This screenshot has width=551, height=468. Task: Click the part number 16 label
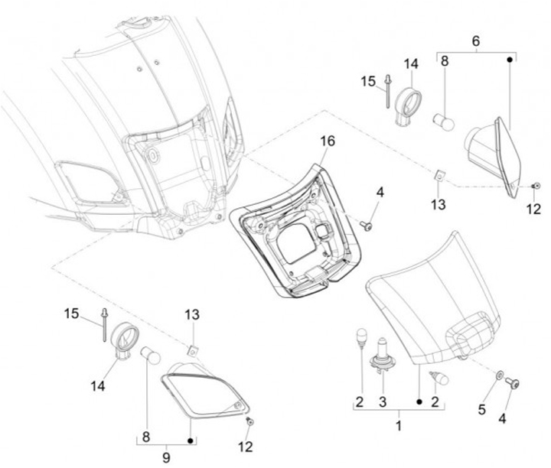pyautogui.click(x=328, y=141)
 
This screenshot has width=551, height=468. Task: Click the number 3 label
pyautogui.click(x=383, y=401)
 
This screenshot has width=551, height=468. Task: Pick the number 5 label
pyautogui.click(x=481, y=409)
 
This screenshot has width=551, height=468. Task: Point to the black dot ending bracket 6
pyautogui.click(x=510, y=59)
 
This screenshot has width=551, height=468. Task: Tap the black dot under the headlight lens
pyautogui.click(x=419, y=400)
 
